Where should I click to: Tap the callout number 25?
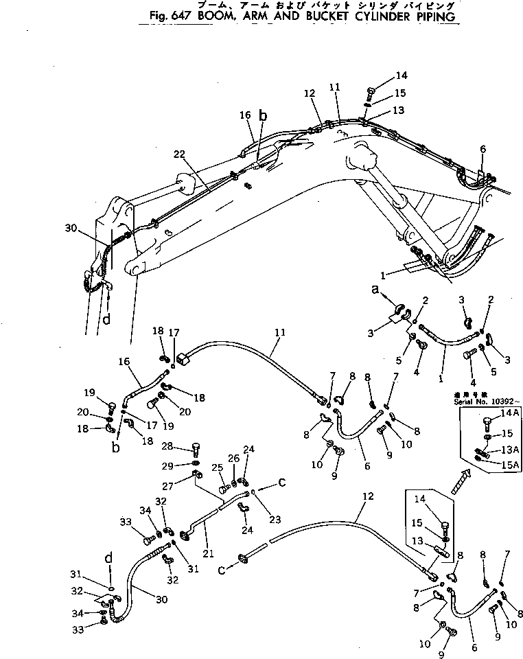tap(218, 468)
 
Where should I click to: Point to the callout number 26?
tap(233, 458)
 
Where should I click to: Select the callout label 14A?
tap(511, 413)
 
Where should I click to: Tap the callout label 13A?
tap(511, 449)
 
